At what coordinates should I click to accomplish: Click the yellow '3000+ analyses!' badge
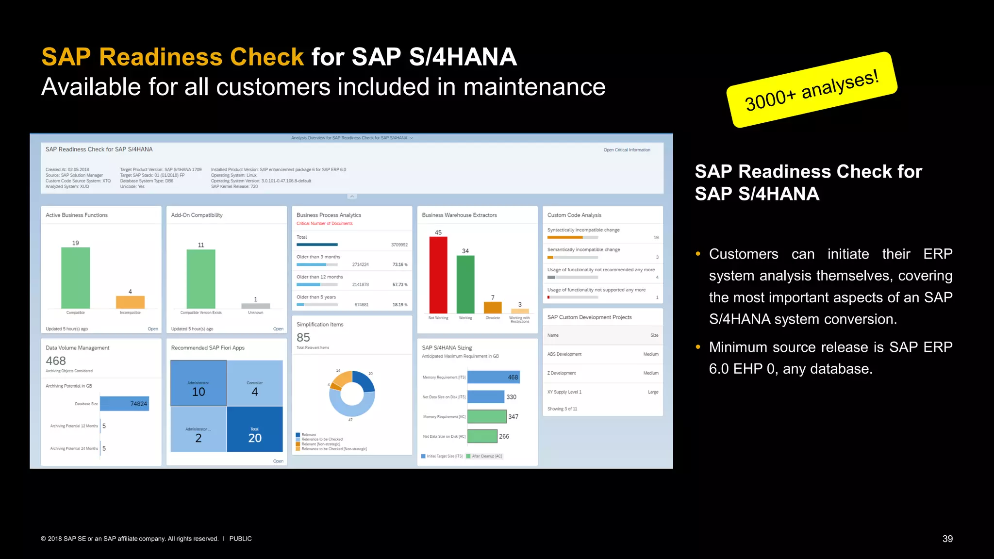coord(812,90)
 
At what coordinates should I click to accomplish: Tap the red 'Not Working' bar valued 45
coord(438,275)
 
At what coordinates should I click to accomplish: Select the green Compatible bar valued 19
coord(75,278)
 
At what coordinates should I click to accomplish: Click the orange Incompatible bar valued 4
coord(130,302)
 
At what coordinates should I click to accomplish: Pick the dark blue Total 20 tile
coord(255,429)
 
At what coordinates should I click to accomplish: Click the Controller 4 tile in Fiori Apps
coord(255,383)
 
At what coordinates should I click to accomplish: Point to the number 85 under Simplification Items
coord(303,338)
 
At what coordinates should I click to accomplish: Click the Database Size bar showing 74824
coord(124,404)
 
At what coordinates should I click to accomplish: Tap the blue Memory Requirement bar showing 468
coord(493,377)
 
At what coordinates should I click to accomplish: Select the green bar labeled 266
coord(482,436)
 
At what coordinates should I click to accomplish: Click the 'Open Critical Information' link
coord(627,150)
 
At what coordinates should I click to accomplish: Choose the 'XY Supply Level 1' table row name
coord(564,392)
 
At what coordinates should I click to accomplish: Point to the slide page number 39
coord(947,539)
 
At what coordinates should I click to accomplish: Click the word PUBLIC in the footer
coord(240,539)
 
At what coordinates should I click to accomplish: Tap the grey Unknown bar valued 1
coord(255,306)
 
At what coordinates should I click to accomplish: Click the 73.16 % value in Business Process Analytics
coord(400,264)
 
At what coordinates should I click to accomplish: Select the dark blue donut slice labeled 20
coord(365,381)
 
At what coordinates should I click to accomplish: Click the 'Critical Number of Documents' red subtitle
coord(324,224)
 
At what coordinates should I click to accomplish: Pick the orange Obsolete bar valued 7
coord(493,307)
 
